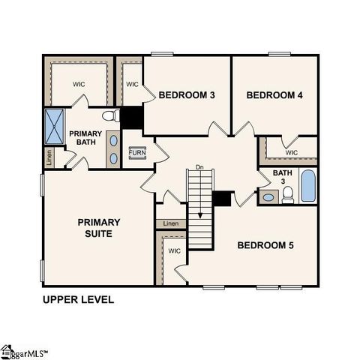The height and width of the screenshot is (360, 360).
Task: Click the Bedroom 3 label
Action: tap(187, 95)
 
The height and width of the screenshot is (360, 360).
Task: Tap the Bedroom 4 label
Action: tap(274, 95)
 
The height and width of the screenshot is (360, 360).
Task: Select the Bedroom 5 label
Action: tap(266, 245)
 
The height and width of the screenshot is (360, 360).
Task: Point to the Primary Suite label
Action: tap(99, 227)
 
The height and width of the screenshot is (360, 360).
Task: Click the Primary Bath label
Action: tap(85, 138)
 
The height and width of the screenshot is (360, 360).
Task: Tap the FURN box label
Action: tap(137, 153)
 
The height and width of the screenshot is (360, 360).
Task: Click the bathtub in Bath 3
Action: tap(308, 186)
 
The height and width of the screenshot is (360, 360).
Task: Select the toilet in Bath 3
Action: tap(287, 196)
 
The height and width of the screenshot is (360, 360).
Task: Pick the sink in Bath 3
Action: tap(268, 197)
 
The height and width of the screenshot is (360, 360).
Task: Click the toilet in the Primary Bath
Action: tap(111, 116)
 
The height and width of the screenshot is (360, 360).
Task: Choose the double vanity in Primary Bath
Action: tap(112, 148)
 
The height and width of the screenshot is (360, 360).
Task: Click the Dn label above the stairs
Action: tap(199, 166)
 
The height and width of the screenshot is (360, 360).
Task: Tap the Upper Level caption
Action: tap(78, 299)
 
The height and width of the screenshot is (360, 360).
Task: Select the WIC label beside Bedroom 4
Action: tap(292, 153)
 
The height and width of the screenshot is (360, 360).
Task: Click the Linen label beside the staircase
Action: tap(171, 223)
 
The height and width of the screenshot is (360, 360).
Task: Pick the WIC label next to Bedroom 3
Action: tap(132, 84)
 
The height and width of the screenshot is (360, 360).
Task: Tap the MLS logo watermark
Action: tap(24, 351)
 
